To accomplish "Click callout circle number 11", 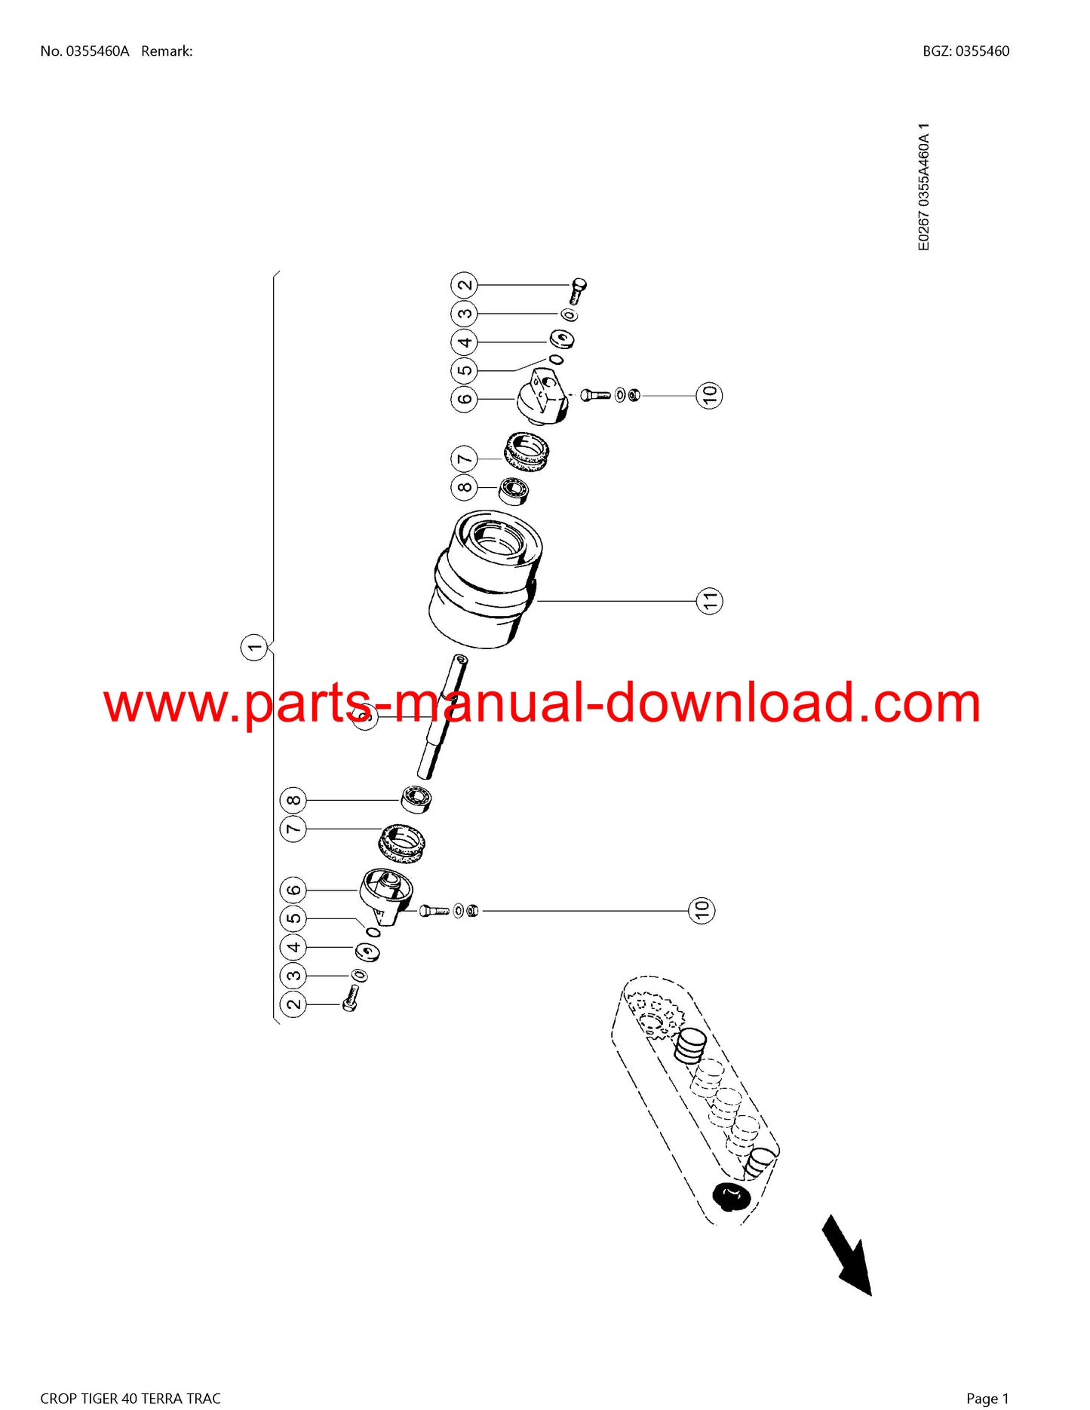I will point(709,601).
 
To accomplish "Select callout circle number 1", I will point(255,647).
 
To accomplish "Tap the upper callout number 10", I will point(709,394).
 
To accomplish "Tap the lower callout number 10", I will point(702,910).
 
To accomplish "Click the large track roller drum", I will point(484,579).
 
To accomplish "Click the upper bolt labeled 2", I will point(579,290).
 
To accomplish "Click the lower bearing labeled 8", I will point(416,798).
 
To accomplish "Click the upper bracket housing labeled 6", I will point(544,397).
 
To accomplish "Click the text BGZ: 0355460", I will point(966,51).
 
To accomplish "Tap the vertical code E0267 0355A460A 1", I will point(924,187).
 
